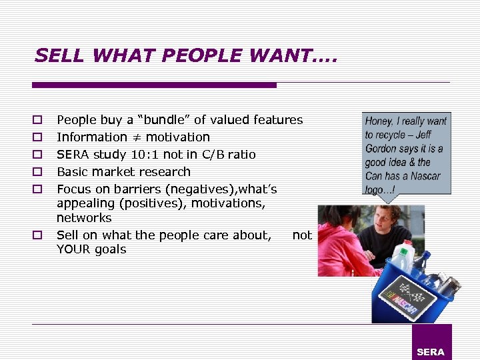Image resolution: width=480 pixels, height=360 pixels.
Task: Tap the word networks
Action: (84, 218)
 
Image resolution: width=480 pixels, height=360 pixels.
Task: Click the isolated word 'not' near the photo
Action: (302, 235)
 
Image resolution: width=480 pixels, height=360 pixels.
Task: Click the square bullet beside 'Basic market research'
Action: (38, 172)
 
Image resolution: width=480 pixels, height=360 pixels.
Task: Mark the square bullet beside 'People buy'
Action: (38, 121)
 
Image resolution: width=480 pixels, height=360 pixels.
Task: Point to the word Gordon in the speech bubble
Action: (381, 149)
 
